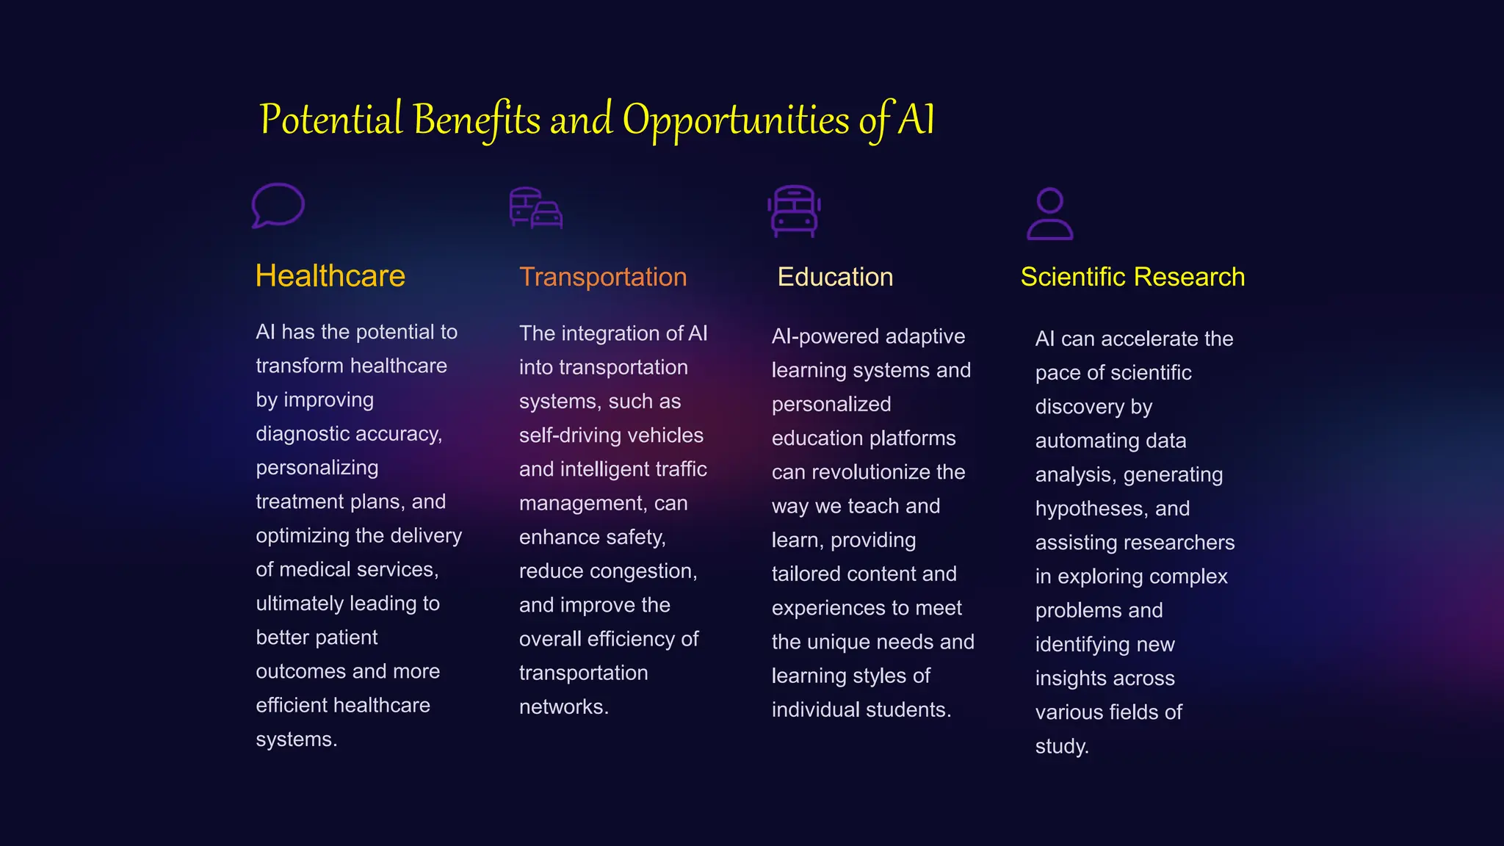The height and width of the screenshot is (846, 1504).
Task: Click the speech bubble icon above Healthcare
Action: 278,205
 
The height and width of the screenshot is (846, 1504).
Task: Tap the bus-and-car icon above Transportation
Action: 536,209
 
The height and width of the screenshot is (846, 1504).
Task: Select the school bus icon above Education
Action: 794,211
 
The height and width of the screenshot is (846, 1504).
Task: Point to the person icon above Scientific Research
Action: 1049,214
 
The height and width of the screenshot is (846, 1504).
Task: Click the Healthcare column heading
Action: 330,276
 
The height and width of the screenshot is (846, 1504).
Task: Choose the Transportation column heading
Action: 603,277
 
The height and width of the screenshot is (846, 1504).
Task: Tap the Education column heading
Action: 835,277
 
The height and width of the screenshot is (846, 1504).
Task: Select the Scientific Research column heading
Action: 1132,277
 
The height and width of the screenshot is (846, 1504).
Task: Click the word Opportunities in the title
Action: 736,120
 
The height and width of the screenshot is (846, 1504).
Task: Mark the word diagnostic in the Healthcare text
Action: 299,434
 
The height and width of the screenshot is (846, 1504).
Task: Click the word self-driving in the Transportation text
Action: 563,435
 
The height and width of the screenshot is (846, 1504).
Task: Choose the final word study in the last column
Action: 1061,747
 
